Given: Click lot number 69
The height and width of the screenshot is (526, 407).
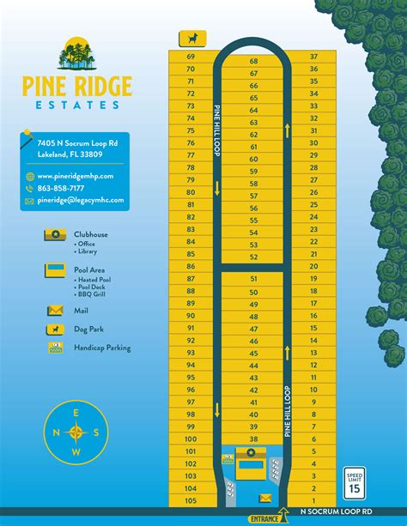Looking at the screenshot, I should [x=191, y=56].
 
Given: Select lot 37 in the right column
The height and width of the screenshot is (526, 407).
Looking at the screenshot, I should [x=313, y=56].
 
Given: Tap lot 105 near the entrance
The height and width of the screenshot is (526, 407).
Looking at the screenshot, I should [x=191, y=500].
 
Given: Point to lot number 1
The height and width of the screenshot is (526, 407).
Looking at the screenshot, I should [x=313, y=500].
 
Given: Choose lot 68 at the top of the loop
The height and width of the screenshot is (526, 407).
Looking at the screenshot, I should [x=253, y=62].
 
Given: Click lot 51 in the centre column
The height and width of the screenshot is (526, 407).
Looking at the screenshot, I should [x=253, y=279].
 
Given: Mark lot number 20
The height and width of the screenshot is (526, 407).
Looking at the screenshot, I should [x=313, y=266].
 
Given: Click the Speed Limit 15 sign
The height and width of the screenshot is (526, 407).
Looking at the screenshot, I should [x=355, y=483].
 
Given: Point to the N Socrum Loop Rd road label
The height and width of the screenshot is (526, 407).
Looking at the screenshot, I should [x=337, y=511].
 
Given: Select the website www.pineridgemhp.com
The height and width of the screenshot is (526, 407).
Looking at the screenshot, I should [x=76, y=176].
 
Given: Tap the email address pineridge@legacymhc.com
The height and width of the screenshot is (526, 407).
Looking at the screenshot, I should [x=80, y=200].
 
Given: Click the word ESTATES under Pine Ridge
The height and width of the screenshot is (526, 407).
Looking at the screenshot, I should [x=77, y=105].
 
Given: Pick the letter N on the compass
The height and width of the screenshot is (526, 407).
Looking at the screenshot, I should [x=57, y=432].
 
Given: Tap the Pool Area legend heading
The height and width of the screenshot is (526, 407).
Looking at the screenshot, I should [x=90, y=269].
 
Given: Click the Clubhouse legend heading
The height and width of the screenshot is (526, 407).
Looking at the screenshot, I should [x=91, y=233].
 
